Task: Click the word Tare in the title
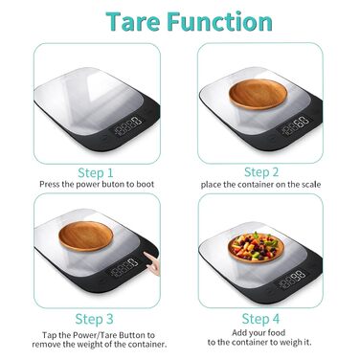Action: coord(133,22)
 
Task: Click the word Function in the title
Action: coord(220,22)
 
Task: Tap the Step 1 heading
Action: coord(96,173)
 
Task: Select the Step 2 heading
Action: coord(261,172)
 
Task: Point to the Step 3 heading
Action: coord(94,319)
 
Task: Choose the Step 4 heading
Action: coord(260,319)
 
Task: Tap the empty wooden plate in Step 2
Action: coord(258,95)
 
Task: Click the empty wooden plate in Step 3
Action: coord(86,236)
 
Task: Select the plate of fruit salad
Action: coord(256,247)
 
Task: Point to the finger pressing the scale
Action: coord(152,263)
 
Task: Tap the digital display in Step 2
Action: coord(294,125)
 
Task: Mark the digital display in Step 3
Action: coord(124,267)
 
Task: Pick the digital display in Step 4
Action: coord(292,278)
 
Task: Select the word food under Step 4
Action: coord(278,333)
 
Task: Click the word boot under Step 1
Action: coord(146,185)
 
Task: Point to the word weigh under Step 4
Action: coord(288,343)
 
